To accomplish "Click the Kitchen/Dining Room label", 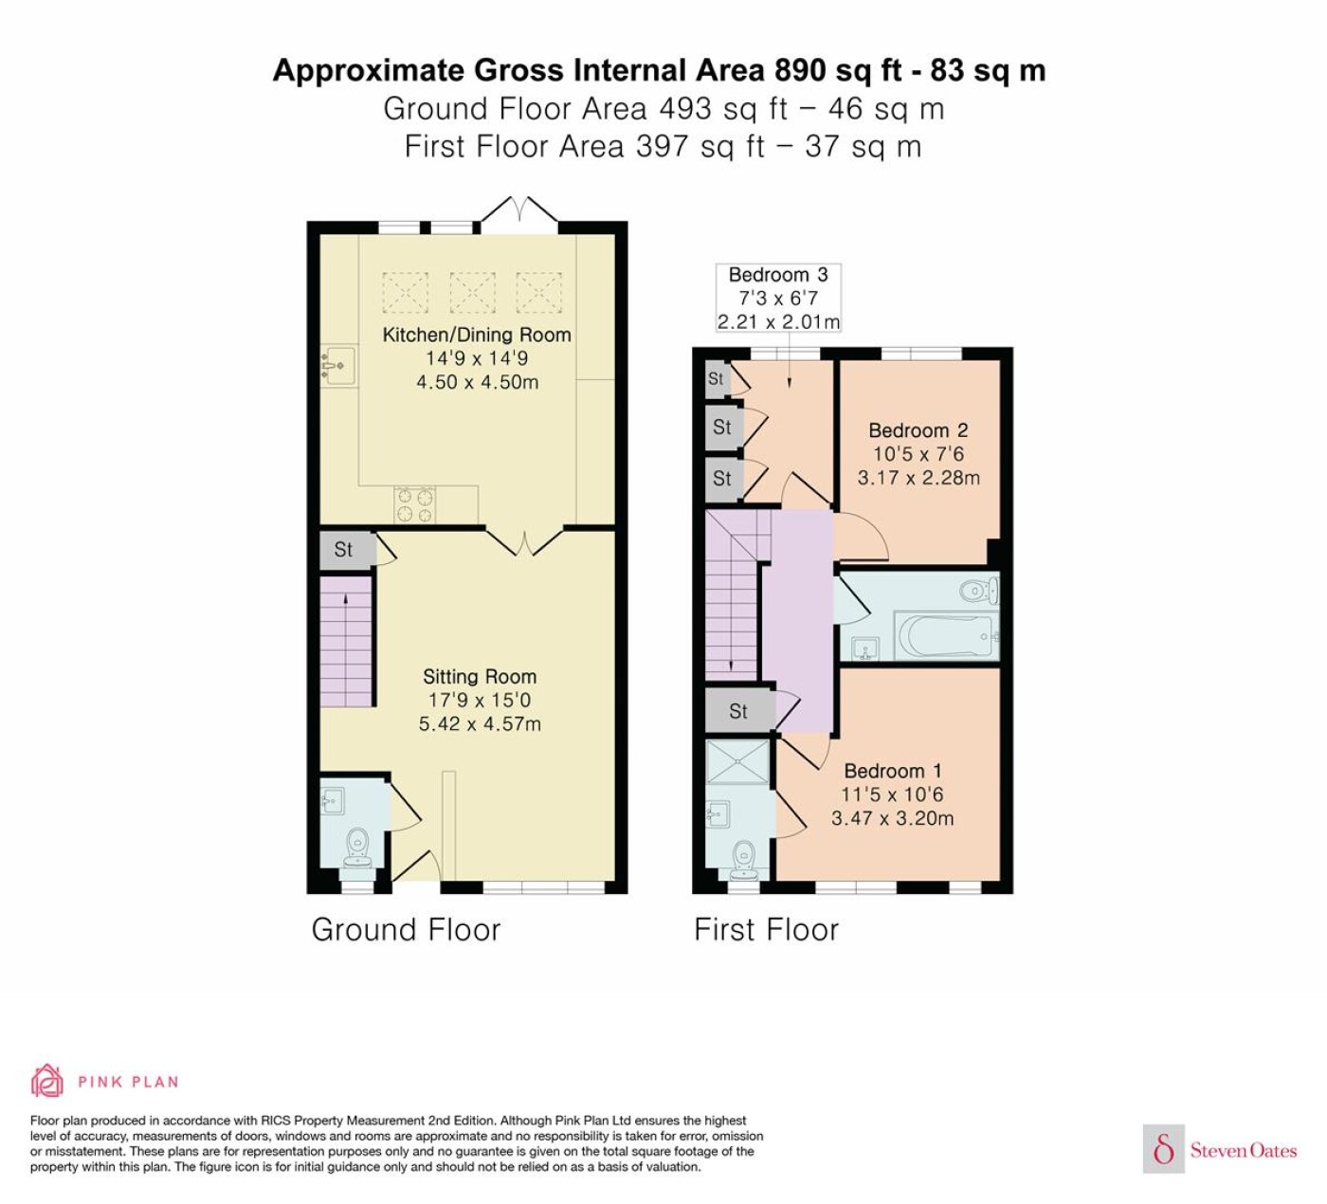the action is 476,335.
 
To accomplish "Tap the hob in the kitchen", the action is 414,505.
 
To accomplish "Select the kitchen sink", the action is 338,365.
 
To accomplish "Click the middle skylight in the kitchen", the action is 472,292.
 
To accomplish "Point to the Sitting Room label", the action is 480,677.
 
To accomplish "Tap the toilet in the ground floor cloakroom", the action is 358,848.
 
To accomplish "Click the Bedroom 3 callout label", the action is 778,298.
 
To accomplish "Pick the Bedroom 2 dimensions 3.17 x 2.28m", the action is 918,478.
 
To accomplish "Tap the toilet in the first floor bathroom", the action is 978,591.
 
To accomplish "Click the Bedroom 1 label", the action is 893,771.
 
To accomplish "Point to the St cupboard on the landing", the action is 739,711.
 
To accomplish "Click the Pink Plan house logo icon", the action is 47,1081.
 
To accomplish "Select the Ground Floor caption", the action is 406,929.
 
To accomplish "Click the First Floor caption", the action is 766,929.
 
